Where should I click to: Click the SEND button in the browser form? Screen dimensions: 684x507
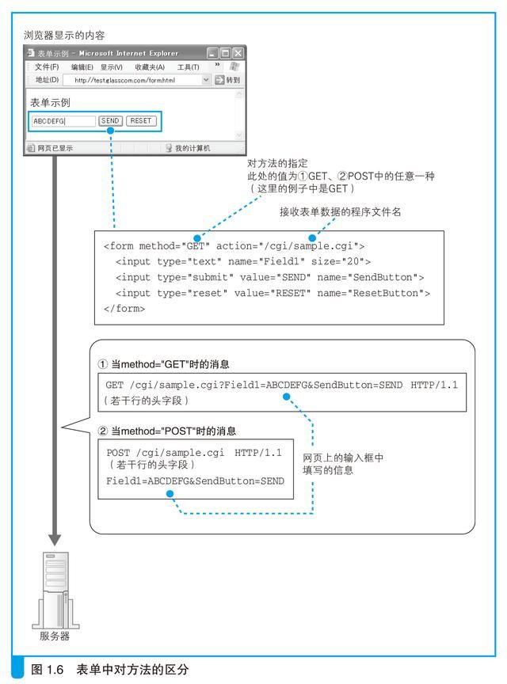tap(110, 121)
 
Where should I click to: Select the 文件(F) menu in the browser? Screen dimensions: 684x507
tap(47, 67)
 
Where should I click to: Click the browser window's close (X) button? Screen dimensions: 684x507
tap(237, 53)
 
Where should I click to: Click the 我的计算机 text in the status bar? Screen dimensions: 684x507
tap(192, 148)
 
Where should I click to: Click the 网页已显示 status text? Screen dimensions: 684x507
tap(55, 148)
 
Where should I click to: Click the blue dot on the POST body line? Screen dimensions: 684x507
tap(169, 492)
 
